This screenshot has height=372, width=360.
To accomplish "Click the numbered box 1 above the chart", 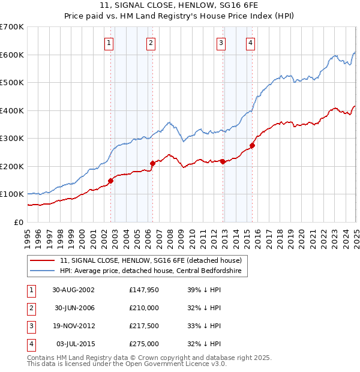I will pos(109,43).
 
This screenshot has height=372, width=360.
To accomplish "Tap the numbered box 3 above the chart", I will pos(221,43).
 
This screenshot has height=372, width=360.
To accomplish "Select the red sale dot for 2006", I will pos(152,163).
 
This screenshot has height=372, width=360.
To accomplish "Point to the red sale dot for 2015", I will pos(252,145).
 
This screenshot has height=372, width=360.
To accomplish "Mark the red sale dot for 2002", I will pos(111,181).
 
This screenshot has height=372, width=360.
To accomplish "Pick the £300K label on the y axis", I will pos(12,138).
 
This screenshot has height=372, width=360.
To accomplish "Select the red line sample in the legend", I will pos(42,260).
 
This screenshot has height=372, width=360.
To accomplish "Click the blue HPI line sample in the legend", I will pos(42,271).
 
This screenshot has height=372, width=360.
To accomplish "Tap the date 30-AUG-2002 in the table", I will pos(74,289).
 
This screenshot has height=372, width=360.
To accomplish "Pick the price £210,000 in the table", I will pos(144,308).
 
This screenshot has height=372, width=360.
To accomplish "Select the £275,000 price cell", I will pos(144,344).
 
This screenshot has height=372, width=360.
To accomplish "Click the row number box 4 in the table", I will pos(30,344).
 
